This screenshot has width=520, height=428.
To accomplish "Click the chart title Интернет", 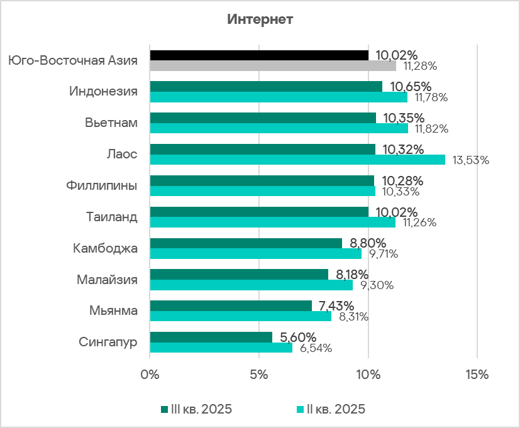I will (x=260, y=19).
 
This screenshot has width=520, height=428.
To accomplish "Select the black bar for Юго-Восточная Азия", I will (x=258, y=55).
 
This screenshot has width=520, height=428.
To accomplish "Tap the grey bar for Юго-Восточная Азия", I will (x=272, y=65).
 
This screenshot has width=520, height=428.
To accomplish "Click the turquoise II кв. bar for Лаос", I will (x=297, y=160).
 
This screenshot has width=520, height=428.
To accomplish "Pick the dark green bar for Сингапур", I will (x=211, y=337).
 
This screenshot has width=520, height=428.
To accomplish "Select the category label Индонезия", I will (x=103, y=91).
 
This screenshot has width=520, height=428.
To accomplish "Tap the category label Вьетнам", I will (x=111, y=123).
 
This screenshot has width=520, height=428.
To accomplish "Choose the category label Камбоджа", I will (x=105, y=248).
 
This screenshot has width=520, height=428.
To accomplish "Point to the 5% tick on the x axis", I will (x=258, y=375).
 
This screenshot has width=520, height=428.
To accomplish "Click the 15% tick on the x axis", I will (x=477, y=375).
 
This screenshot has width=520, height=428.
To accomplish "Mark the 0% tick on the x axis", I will (x=150, y=375).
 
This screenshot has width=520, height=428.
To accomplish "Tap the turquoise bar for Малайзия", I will (x=251, y=285).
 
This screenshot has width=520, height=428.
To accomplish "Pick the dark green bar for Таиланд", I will (x=258, y=212).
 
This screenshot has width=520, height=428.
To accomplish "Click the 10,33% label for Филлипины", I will (x=399, y=191).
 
